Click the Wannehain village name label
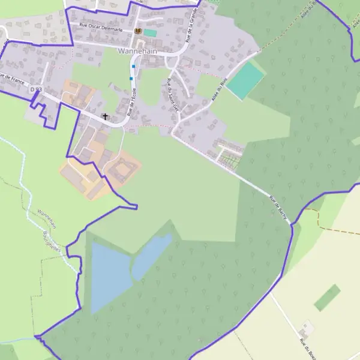(x=137, y=51)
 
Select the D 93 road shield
(x=36, y=89)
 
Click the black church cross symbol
(x=106, y=116)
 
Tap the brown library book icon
(x=138, y=31)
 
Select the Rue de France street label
(x=10, y=78)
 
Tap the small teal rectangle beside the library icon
(x=149, y=32)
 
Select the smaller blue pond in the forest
(x=151, y=255)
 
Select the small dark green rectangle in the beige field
(x=327, y=298)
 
